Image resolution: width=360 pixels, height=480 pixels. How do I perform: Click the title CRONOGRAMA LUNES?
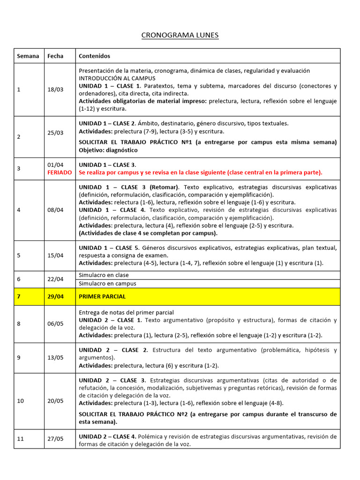(180, 35)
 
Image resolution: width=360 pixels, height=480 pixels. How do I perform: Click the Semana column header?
(28, 56)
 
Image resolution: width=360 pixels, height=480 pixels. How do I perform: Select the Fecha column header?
(55, 56)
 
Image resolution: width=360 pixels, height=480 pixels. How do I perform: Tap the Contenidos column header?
(94, 56)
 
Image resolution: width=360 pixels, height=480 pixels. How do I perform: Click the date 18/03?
(55, 90)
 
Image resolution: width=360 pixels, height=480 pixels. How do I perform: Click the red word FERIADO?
(60, 172)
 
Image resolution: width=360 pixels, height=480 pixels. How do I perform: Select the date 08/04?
(55, 210)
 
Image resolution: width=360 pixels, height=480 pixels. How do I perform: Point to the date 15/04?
(55, 255)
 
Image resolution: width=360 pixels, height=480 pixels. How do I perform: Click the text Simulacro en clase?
(104, 275)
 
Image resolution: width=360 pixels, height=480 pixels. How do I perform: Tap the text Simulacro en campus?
(107, 284)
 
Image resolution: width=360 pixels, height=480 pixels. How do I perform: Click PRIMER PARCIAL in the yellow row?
(102, 297)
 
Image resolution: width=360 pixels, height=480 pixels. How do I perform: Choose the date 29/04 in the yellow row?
(55, 297)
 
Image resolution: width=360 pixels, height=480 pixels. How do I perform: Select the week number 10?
(20, 401)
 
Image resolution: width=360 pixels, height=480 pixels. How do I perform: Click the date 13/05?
(55, 358)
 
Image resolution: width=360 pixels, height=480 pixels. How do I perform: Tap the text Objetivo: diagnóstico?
(108, 150)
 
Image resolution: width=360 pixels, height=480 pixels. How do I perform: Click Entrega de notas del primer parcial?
(126, 312)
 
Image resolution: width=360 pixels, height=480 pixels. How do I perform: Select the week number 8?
(19, 323)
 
